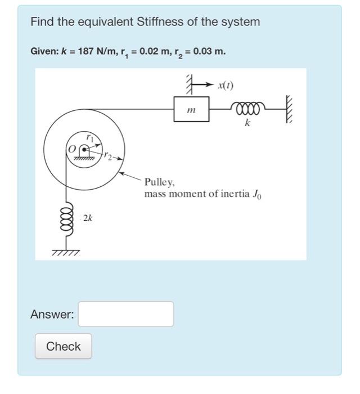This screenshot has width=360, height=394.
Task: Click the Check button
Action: [63, 346]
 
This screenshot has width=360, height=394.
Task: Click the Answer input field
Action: [125, 314]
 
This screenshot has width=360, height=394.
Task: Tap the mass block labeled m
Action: [192, 109]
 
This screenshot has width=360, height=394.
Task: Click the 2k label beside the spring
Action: [88, 217]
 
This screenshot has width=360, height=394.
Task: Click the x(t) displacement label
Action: [226, 86]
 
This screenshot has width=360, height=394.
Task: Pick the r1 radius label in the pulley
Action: [89, 137]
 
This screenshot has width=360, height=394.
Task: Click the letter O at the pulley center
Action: [71, 149]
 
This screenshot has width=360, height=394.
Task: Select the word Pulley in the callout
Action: [160, 182]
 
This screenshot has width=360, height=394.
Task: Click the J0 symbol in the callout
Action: [257, 195]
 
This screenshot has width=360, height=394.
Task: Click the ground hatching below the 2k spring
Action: [66, 253]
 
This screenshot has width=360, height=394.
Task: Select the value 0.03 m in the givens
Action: [209, 51]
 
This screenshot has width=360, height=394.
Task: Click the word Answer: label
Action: [52, 315]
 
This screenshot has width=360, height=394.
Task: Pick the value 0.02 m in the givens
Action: [155, 51]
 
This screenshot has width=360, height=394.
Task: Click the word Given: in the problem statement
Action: [44, 51]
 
